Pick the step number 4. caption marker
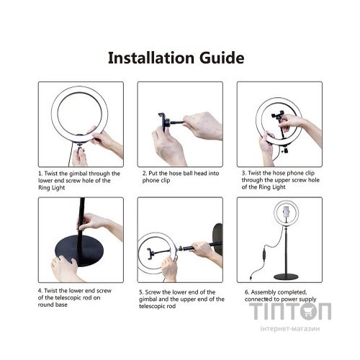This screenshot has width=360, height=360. [41, 290]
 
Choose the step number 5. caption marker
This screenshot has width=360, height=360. [142, 290]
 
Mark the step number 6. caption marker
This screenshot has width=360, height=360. [241, 290]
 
